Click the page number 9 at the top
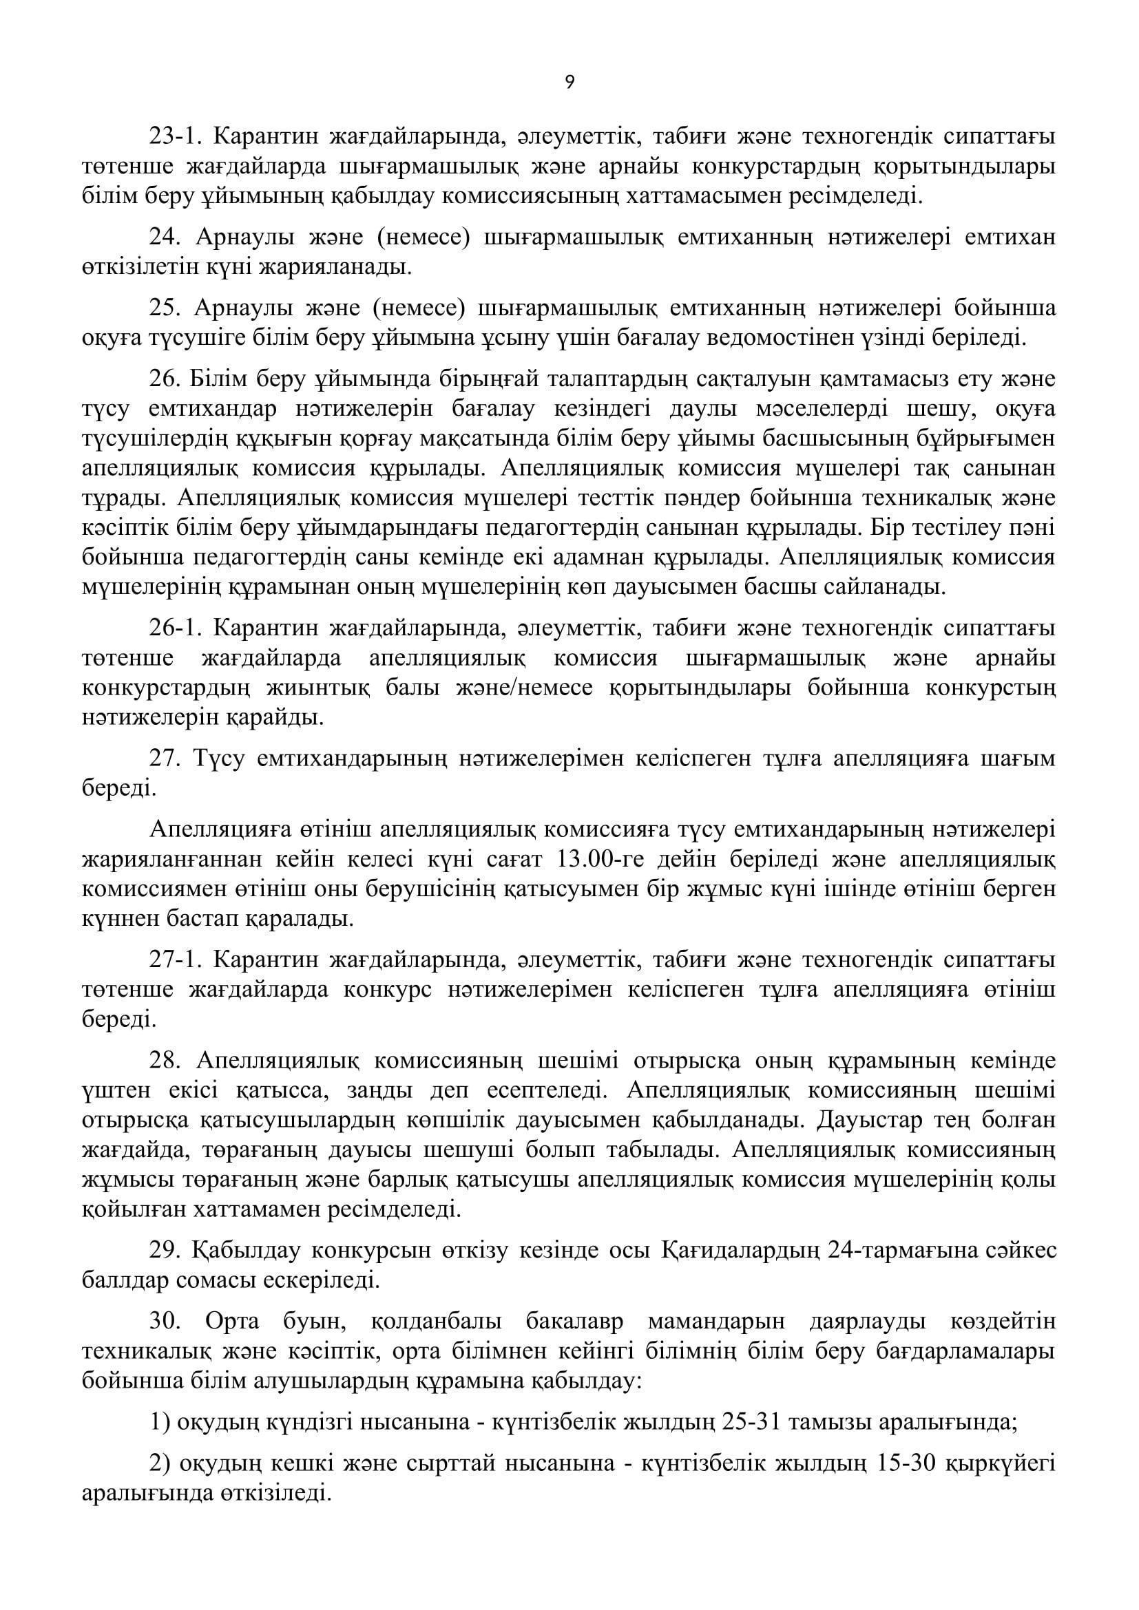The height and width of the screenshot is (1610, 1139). click(569, 83)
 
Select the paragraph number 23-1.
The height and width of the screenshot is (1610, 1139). click(175, 136)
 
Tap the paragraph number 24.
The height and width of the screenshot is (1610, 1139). click(165, 237)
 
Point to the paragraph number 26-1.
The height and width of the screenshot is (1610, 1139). click(175, 628)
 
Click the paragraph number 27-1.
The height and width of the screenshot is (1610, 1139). click(175, 959)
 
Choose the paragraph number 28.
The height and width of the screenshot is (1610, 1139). click(165, 1060)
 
